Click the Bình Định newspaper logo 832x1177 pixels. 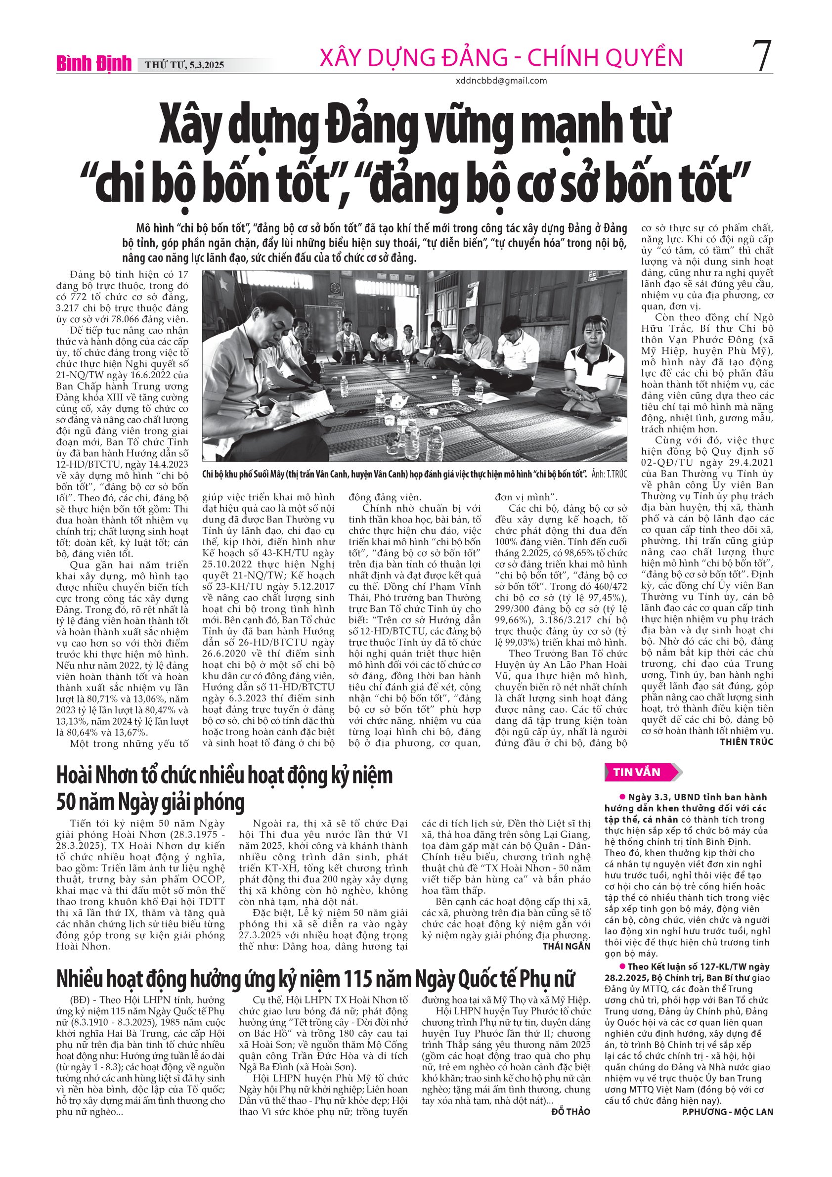[x=94, y=63]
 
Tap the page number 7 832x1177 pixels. [x=762, y=56]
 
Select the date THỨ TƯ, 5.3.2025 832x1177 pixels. [x=184, y=65]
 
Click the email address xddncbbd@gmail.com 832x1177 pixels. [x=501, y=81]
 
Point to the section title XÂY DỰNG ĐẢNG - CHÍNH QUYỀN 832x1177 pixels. [x=501, y=57]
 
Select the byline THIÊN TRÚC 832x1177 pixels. [x=746, y=742]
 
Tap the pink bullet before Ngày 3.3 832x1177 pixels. [x=623, y=797]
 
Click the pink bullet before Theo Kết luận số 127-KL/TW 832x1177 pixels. [x=623, y=966]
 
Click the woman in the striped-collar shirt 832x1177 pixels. [x=591, y=366]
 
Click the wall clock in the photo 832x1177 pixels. [x=334, y=286]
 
